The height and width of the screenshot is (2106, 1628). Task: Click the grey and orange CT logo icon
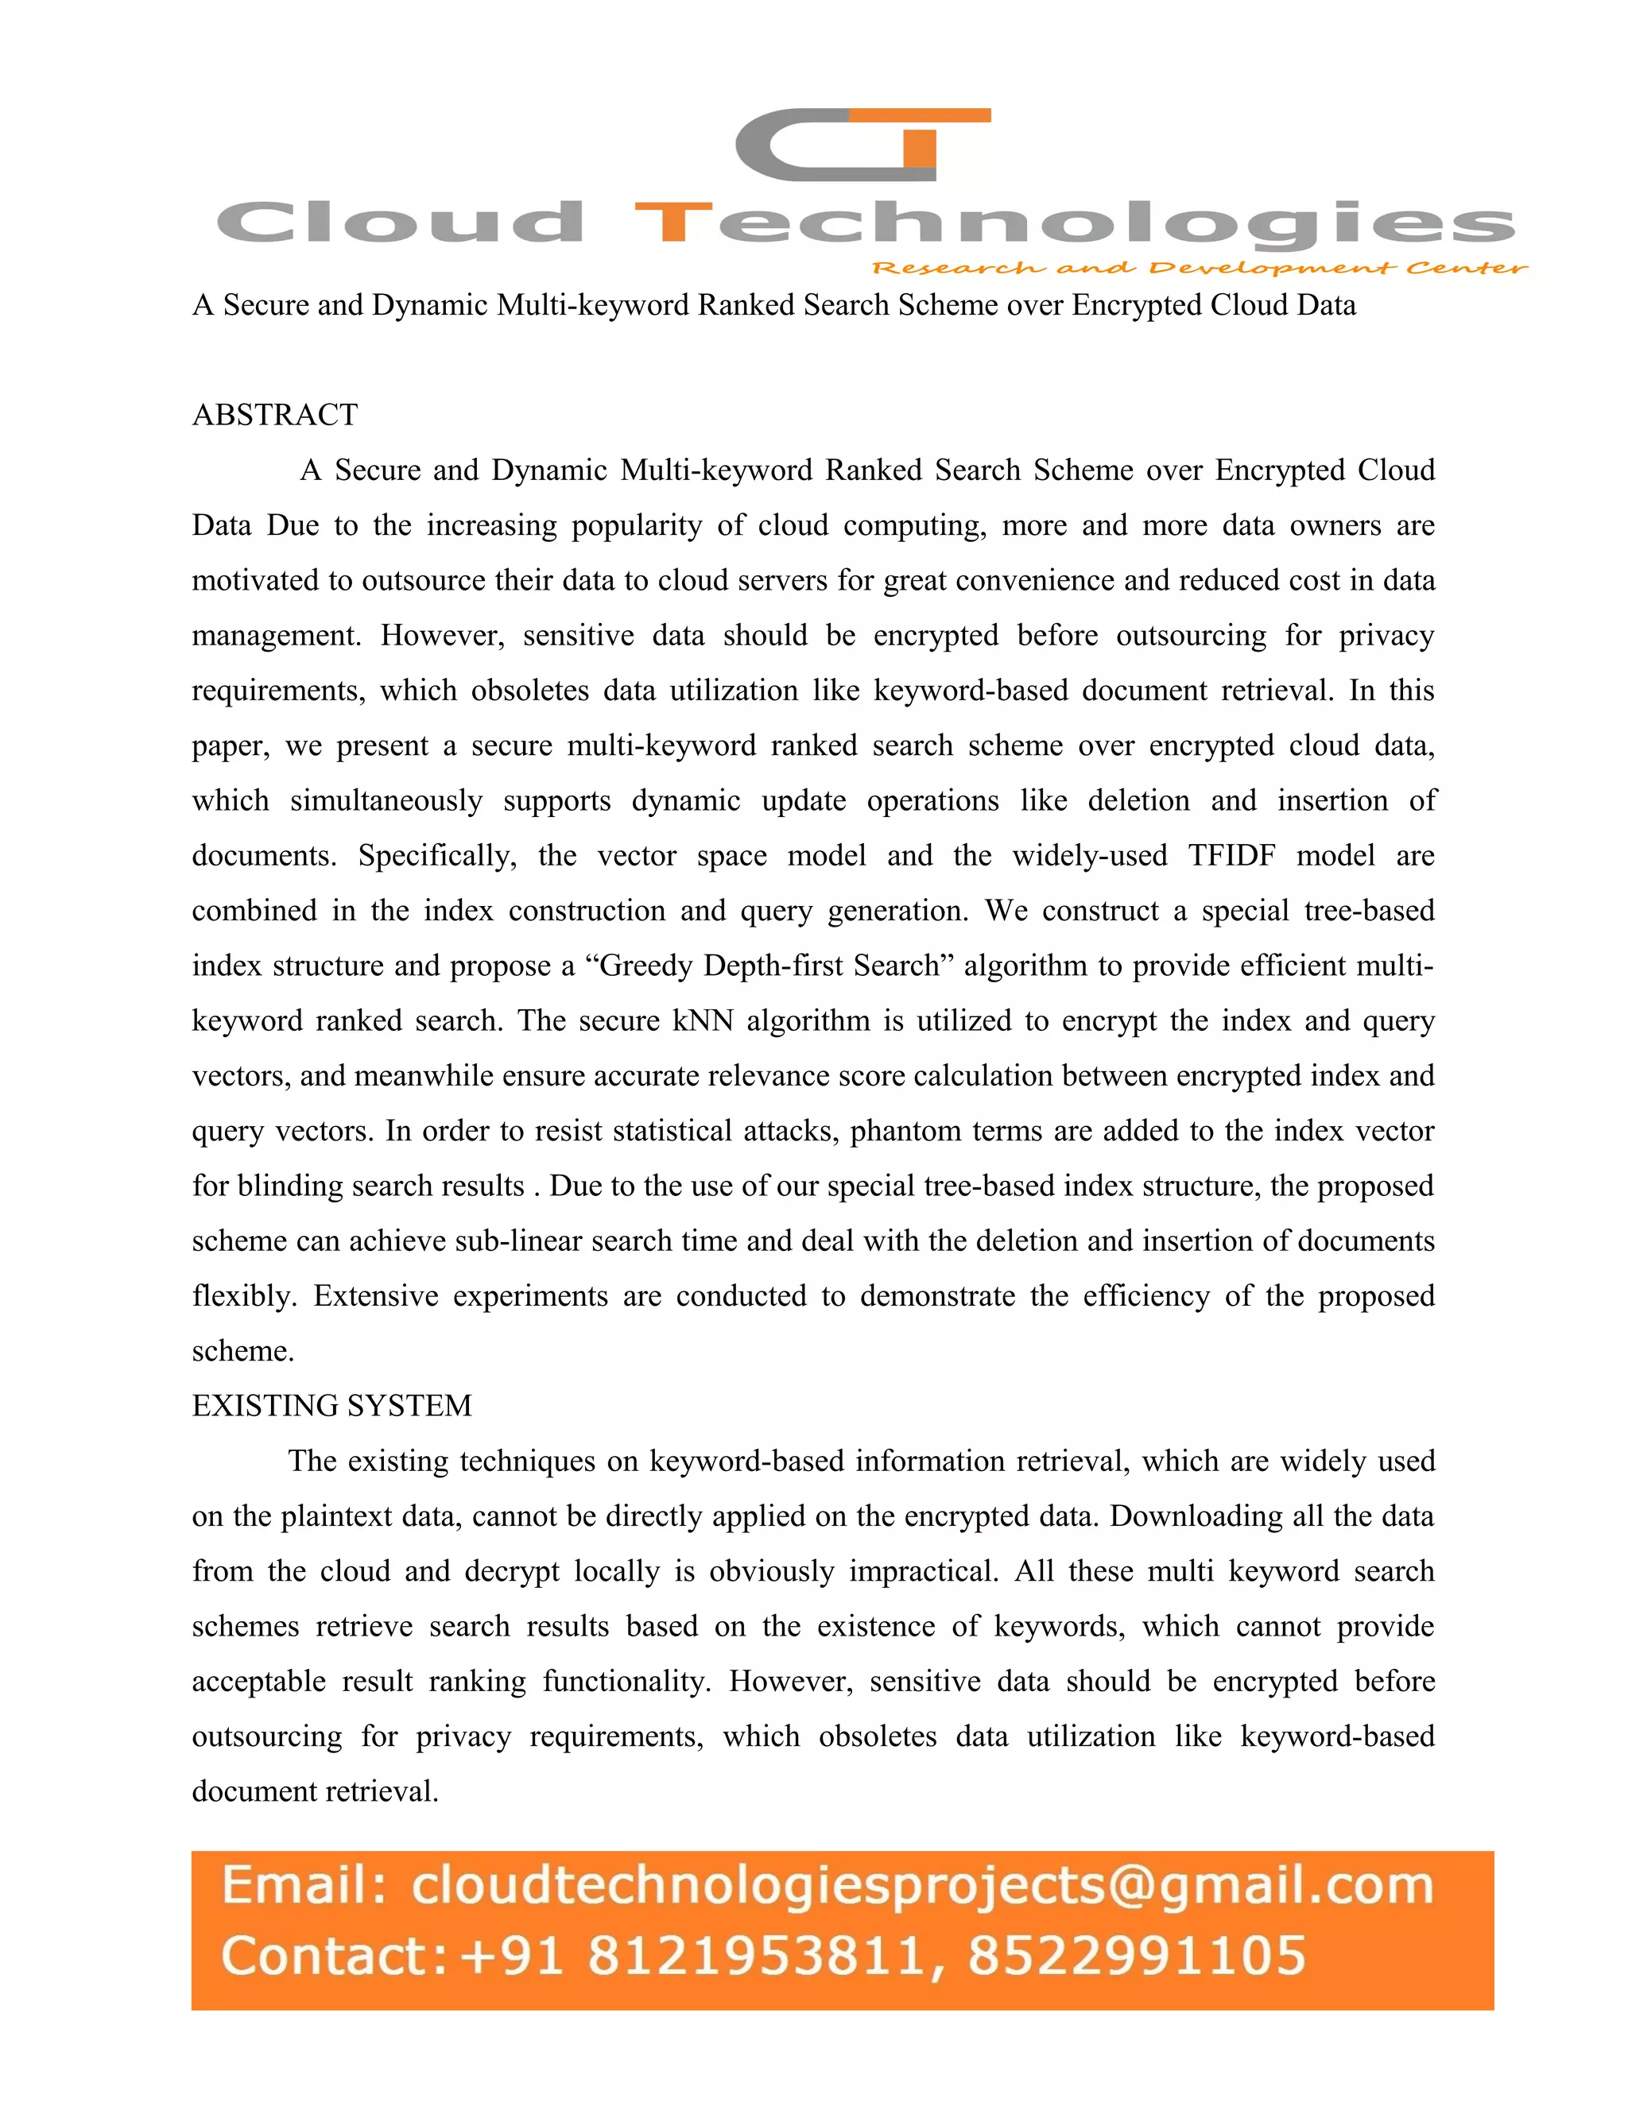click(861, 145)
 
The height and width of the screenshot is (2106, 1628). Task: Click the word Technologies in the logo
click(1073, 224)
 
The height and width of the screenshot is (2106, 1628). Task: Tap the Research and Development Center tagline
click(1199, 268)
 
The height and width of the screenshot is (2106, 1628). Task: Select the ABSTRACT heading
click(275, 415)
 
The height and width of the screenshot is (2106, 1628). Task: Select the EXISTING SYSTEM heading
click(331, 1406)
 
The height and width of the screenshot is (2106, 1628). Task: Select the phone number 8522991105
click(1136, 1956)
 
